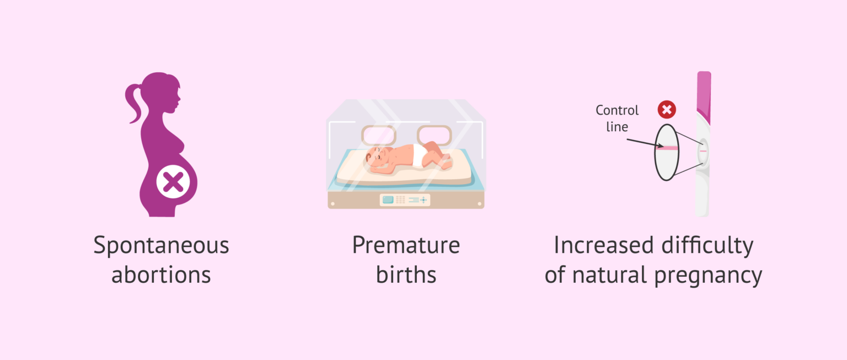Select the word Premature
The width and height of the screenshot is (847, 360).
click(406, 245)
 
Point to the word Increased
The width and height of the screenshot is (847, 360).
click(603, 245)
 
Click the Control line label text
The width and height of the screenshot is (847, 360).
click(617, 119)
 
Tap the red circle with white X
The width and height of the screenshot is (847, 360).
click(667, 110)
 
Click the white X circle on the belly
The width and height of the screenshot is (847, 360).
click(173, 181)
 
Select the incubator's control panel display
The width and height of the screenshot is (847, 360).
click(405, 200)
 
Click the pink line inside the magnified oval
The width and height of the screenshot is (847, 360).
click(667, 148)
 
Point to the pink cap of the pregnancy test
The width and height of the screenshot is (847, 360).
click(704, 96)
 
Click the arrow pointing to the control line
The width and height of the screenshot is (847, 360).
click(645, 143)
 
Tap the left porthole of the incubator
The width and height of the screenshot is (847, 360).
click(378, 136)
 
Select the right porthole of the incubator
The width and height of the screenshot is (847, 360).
click(435, 136)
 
